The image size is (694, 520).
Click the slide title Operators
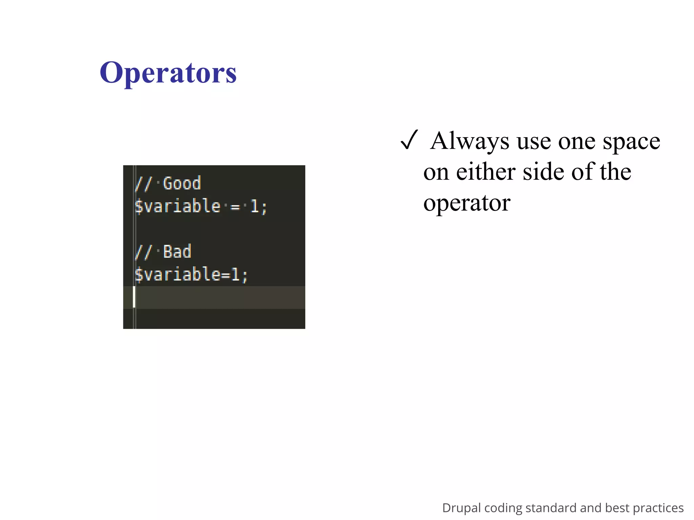tap(168, 72)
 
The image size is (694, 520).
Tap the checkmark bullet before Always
tap(409, 140)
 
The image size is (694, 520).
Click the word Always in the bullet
tap(469, 140)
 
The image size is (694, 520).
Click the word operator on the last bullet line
tap(467, 203)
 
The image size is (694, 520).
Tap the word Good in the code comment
tap(182, 183)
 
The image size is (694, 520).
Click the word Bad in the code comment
tap(177, 252)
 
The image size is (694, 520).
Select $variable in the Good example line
tap(178, 206)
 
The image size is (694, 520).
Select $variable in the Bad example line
tap(178, 274)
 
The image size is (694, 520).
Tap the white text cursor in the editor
tap(134, 297)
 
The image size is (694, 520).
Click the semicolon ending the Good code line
tap(264, 207)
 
